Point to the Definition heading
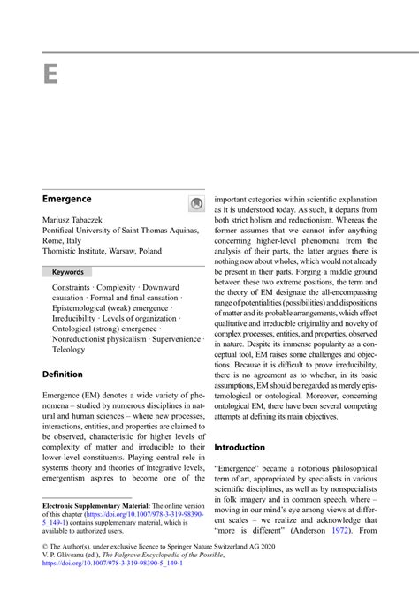(x=63, y=374)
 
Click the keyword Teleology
(x=69, y=349)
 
